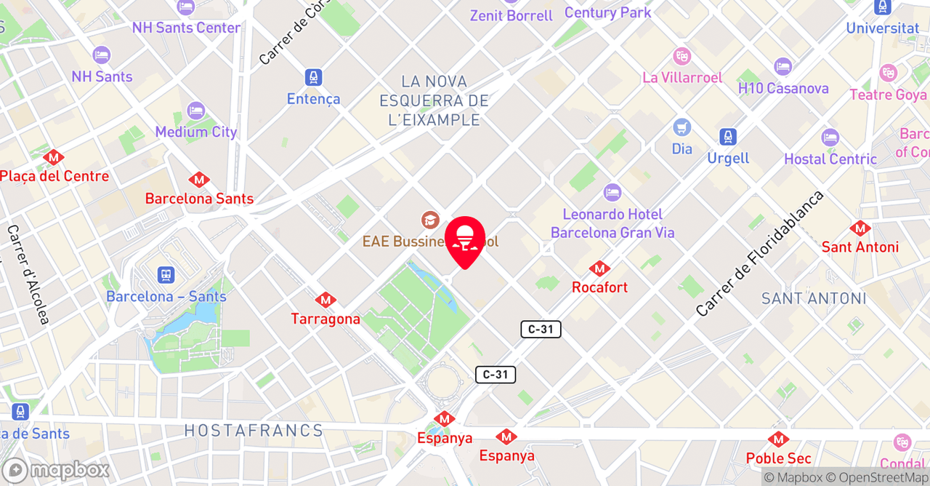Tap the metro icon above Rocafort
[x=599, y=268]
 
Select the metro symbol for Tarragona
[x=325, y=300]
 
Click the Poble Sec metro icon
[x=778, y=439]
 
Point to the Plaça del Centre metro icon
[x=53, y=157]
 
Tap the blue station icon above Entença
[x=313, y=77]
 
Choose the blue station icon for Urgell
[x=727, y=137]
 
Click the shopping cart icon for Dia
[x=682, y=127]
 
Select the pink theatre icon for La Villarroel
[x=682, y=55]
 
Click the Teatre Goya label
[x=888, y=95]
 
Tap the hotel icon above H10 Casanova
[x=783, y=67]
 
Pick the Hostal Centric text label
[x=830, y=159]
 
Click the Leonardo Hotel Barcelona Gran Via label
[x=612, y=223]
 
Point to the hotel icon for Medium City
[x=195, y=111]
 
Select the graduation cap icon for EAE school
[x=430, y=220]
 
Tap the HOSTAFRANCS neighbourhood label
[x=253, y=431]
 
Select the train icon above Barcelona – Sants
[x=166, y=275]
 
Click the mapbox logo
[x=56, y=470]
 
